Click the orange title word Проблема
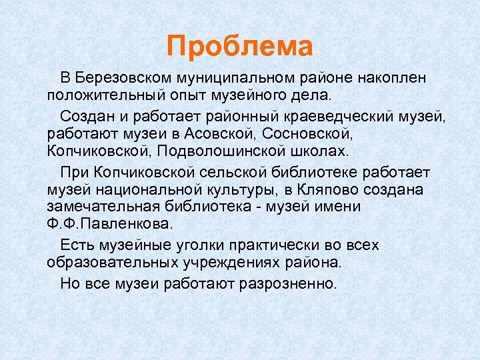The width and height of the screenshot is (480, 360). (x=240, y=47)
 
